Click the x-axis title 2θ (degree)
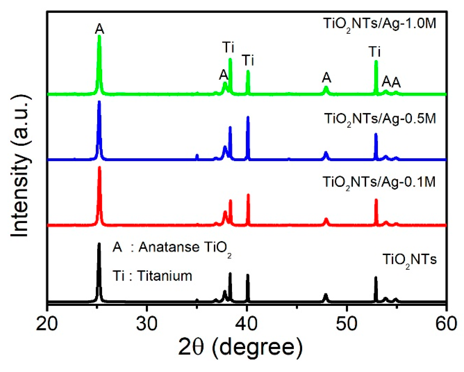click(x=240, y=348)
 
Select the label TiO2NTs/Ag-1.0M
click(x=379, y=24)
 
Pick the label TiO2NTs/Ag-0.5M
click(x=380, y=119)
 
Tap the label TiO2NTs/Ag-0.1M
click(x=379, y=183)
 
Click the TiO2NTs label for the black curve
click(x=410, y=260)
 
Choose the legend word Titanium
click(x=165, y=276)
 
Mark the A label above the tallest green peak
click(x=100, y=29)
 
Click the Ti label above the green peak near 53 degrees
click(x=375, y=52)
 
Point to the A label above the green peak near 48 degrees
click(x=326, y=77)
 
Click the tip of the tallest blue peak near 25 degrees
click(x=99, y=102)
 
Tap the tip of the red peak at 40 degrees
click(x=248, y=195)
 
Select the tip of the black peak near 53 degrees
click(x=376, y=278)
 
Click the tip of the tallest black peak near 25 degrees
click(x=99, y=244)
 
